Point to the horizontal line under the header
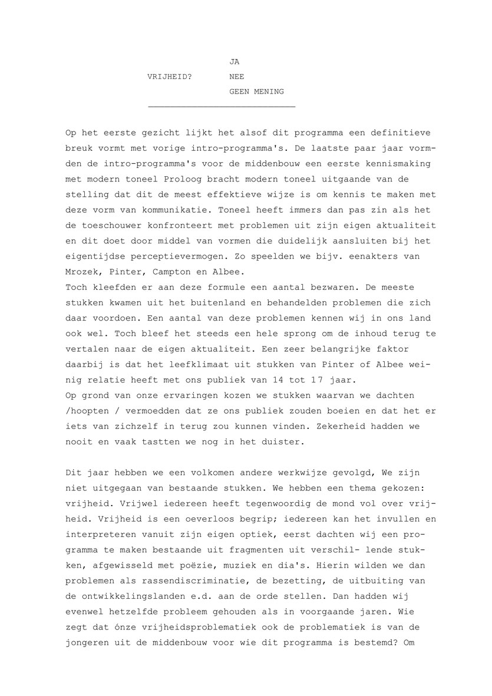pos(222,106)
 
